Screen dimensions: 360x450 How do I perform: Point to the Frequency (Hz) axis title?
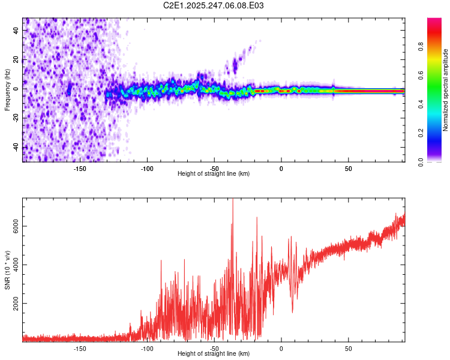tap(7, 89)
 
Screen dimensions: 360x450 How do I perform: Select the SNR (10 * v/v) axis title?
tap(7, 269)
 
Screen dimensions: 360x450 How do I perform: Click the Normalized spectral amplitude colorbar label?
tap(445, 90)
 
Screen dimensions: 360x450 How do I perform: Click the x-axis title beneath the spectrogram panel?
tap(214, 174)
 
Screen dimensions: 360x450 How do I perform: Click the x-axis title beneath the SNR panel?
tap(214, 354)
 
